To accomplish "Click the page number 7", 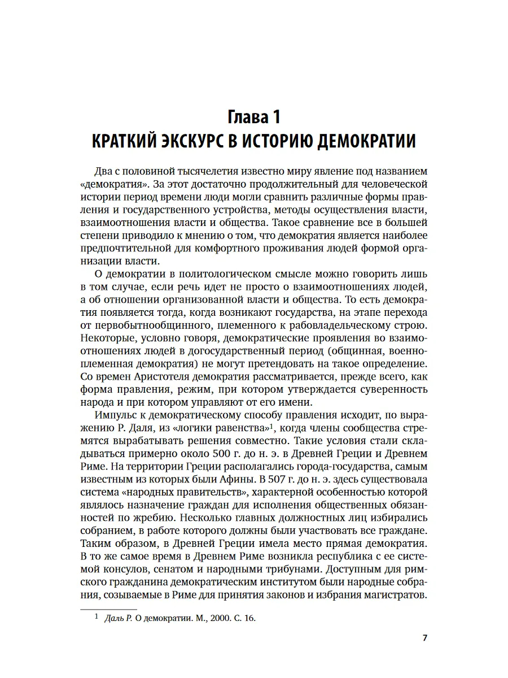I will (x=425, y=638).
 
